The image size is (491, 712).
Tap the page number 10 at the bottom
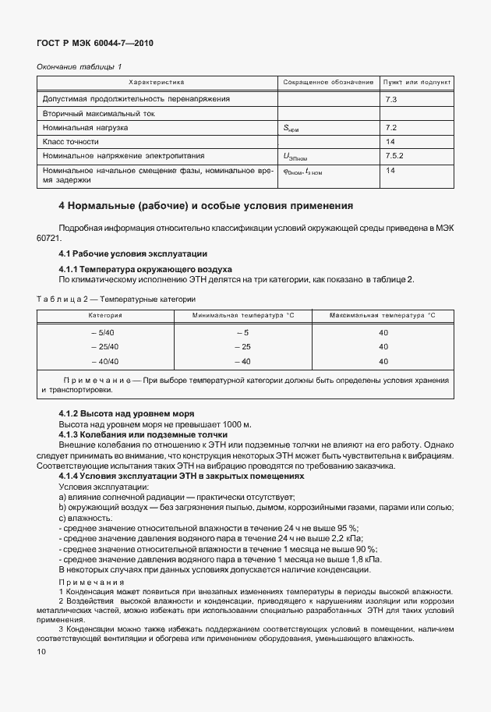[x=42, y=650]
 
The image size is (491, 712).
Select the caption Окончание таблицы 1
[x=79, y=67]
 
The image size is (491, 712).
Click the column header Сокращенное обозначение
[x=328, y=82]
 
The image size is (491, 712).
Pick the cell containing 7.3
[x=391, y=100]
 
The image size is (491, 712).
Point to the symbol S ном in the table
[x=291, y=128]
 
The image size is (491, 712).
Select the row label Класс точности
[x=71, y=141]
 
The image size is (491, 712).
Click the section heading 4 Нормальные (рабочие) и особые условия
[x=207, y=207]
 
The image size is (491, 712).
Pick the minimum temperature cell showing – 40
[x=243, y=361]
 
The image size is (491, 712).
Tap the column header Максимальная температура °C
[x=382, y=315]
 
